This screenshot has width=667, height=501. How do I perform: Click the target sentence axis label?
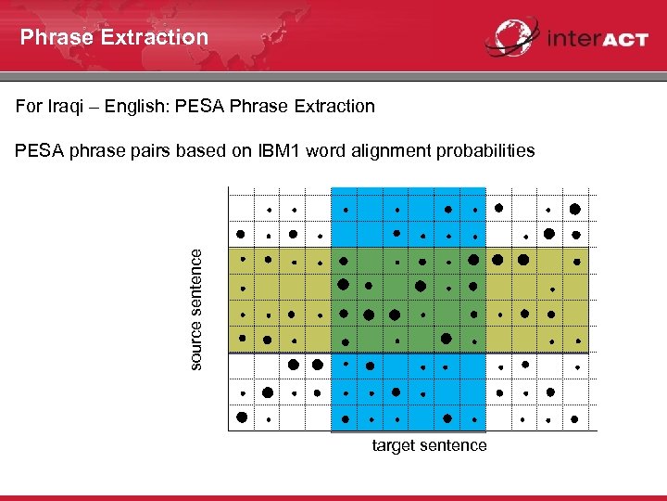tap(429, 446)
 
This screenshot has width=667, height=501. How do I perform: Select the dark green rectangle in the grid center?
tap(409, 300)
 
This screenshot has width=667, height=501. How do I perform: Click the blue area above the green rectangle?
tap(409, 218)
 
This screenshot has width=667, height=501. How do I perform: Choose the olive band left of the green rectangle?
tap(279, 300)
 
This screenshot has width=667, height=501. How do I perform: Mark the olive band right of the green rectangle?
tap(537, 300)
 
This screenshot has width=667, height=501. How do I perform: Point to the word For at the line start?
tap(29, 106)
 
